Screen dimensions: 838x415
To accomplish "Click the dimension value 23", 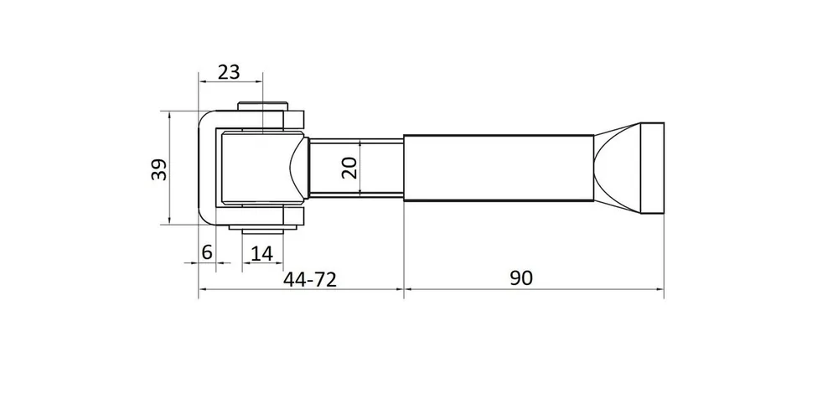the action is point(230,71).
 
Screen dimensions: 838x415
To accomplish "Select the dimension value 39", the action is point(159,169).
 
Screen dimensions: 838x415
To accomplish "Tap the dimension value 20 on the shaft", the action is point(349,168).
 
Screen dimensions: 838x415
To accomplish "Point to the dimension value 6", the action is point(207,252).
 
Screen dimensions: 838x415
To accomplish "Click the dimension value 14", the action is point(261,253).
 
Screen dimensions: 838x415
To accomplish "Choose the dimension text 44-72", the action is point(310,278).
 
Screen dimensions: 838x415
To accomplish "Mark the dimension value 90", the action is point(521,278).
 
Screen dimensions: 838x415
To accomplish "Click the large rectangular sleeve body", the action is point(498,168).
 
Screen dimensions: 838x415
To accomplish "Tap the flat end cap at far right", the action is point(652,168).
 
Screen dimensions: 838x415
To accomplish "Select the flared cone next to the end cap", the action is point(618,168).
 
